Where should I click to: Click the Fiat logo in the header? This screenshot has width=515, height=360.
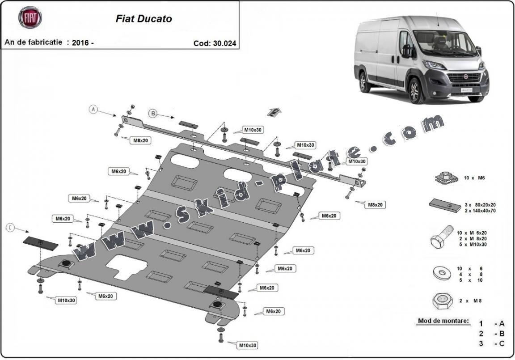point(30,17)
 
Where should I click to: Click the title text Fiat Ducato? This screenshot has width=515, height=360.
point(144,19)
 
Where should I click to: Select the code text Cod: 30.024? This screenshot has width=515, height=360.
point(215,43)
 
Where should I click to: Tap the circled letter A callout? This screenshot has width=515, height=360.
point(93,109)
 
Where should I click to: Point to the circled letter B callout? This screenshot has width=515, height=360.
point(153,114)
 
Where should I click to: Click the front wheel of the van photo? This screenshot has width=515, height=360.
point(416,91)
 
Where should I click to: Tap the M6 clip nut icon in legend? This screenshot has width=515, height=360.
point(446,178)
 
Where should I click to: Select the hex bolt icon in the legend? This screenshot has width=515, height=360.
point(441,239)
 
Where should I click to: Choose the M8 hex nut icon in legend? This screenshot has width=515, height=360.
point(442,301)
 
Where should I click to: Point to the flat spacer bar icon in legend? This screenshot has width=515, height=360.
point(445,205)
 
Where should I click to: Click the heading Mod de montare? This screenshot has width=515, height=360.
point(443,321)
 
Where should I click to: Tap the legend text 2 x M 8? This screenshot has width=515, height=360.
point(469,301)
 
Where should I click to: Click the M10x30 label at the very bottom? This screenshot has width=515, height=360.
point(247,345)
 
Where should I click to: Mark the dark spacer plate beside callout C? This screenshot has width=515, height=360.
point(40,243)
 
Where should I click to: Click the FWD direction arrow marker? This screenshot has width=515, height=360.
point(274,112)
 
